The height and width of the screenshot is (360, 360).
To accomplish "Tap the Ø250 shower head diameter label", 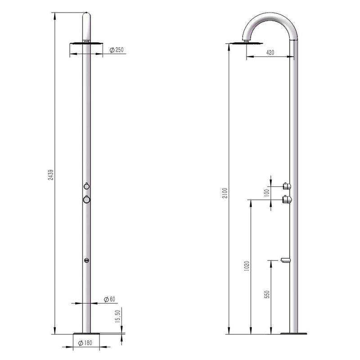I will tap(117, 50).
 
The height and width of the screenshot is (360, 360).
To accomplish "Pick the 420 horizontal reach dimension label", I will tap(270, 53).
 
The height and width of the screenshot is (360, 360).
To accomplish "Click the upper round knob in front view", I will tap(86, 186).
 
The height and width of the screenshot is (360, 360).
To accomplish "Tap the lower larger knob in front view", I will tap(86, 199).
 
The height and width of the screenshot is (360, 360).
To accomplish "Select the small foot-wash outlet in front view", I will tap(86, 261).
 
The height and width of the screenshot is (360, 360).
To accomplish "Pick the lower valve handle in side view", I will tap(286, 199).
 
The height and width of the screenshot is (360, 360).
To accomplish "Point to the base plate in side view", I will tap(294, 333).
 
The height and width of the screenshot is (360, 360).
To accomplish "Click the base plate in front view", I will tap(86, 334).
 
